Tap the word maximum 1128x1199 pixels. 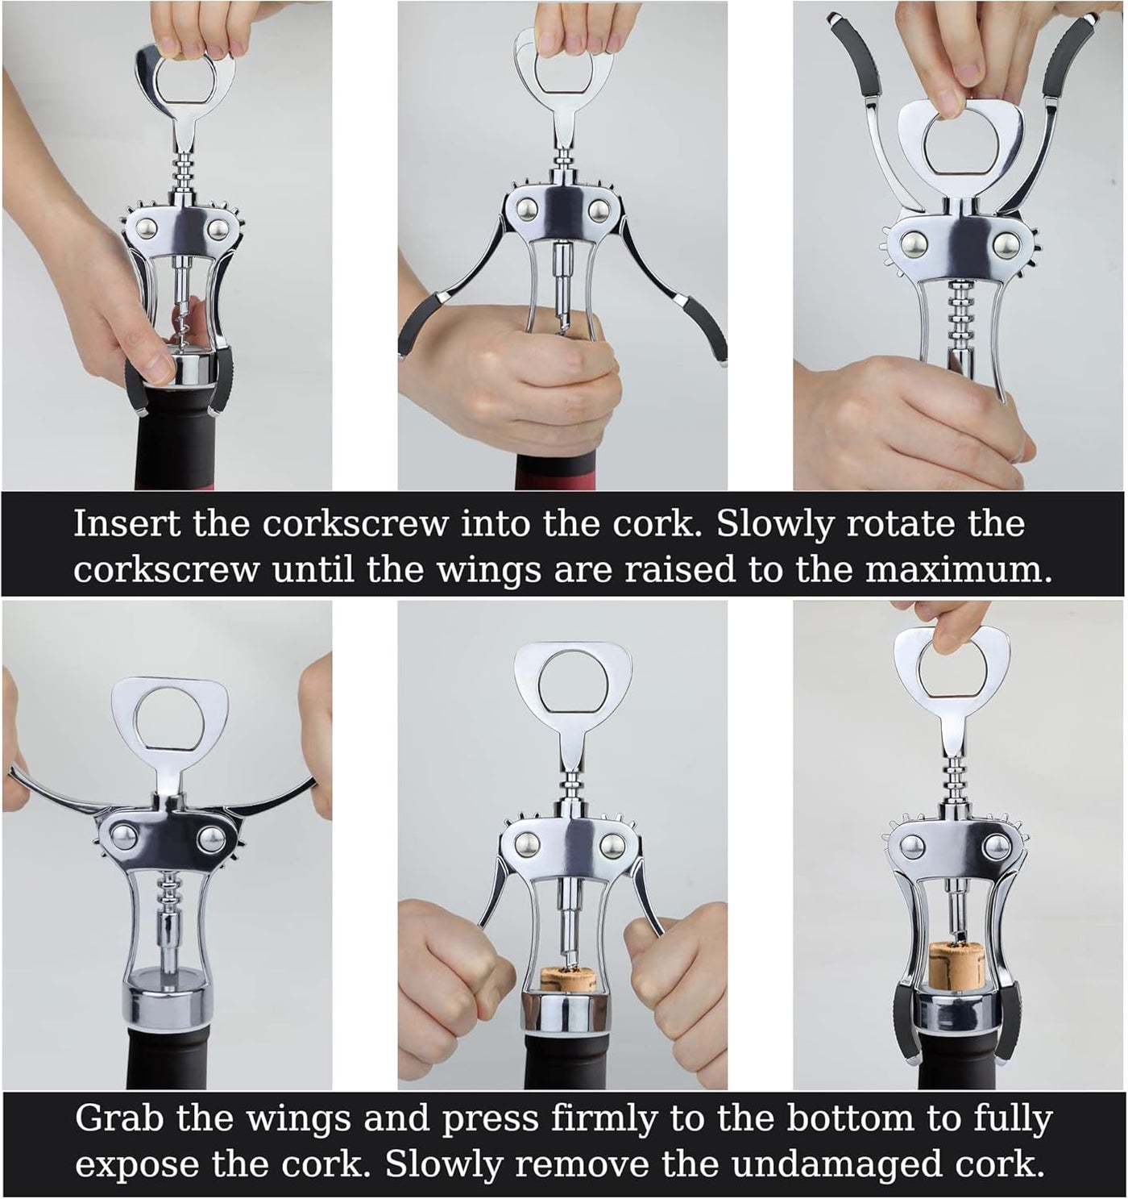959,571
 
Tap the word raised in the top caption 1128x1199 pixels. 679,569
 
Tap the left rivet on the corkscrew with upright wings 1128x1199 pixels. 911,244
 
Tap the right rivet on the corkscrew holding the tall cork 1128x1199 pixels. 997,844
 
